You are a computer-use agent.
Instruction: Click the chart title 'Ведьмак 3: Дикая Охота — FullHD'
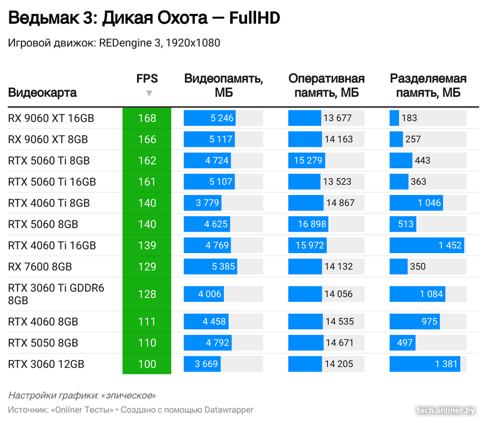143,19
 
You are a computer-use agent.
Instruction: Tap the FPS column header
147,78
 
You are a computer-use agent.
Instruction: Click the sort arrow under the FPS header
149,93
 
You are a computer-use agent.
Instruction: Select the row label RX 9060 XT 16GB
51,118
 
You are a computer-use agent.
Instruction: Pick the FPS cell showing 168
147,118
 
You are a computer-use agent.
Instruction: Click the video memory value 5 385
223,267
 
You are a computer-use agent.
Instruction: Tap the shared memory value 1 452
449,245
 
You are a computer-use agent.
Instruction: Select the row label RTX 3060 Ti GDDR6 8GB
56,294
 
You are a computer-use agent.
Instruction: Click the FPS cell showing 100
147,364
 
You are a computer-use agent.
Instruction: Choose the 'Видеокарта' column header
42,93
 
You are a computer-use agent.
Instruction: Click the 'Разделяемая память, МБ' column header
428,86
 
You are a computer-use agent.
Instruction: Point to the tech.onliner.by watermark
445,410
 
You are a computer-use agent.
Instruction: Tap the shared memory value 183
409,118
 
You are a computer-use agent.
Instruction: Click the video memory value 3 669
207,364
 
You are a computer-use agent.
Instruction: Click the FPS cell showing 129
147,267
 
